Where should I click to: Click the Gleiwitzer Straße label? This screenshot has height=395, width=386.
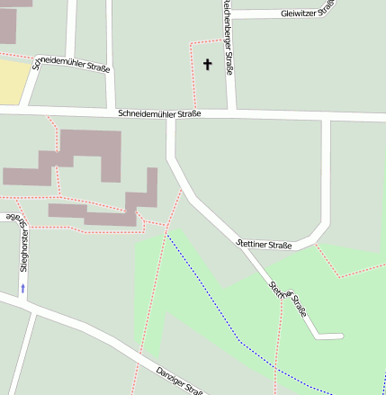(x=307, y=12)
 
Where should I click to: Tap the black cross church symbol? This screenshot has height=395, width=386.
(x=208, y=64)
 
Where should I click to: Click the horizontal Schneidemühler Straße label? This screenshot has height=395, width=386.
(x=158, y=114)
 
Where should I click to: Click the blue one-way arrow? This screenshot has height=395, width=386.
(x=23, y=288)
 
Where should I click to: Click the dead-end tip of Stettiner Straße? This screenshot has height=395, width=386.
(x=340, y=337)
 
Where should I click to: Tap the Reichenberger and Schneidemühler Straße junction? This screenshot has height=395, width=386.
(x=231, y=112)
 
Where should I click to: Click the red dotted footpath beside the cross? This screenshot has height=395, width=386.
(x=193, y=72)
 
